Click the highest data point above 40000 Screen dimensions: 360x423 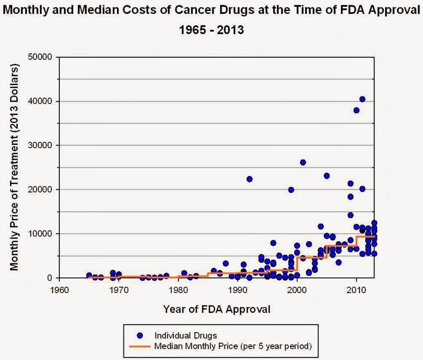point(362,99)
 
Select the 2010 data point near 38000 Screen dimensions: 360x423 point(356,110)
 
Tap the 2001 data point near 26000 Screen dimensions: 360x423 point(303,162)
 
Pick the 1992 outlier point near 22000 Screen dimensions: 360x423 point(249,179)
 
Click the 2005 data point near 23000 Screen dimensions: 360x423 point(327,176)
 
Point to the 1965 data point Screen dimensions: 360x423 point(89,275)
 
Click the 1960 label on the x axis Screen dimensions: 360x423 point(59,290)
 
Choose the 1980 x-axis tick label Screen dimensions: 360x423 point(178,290)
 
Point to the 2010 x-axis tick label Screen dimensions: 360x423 point(356,290)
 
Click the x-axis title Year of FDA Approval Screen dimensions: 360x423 point(217,309)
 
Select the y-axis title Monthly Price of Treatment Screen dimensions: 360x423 point(15,167)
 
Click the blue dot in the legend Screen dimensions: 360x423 point(140,336)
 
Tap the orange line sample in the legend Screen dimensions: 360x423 point(140,347)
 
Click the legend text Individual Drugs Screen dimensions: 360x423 point(186,336)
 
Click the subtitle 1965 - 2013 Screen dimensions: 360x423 point(211,30)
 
